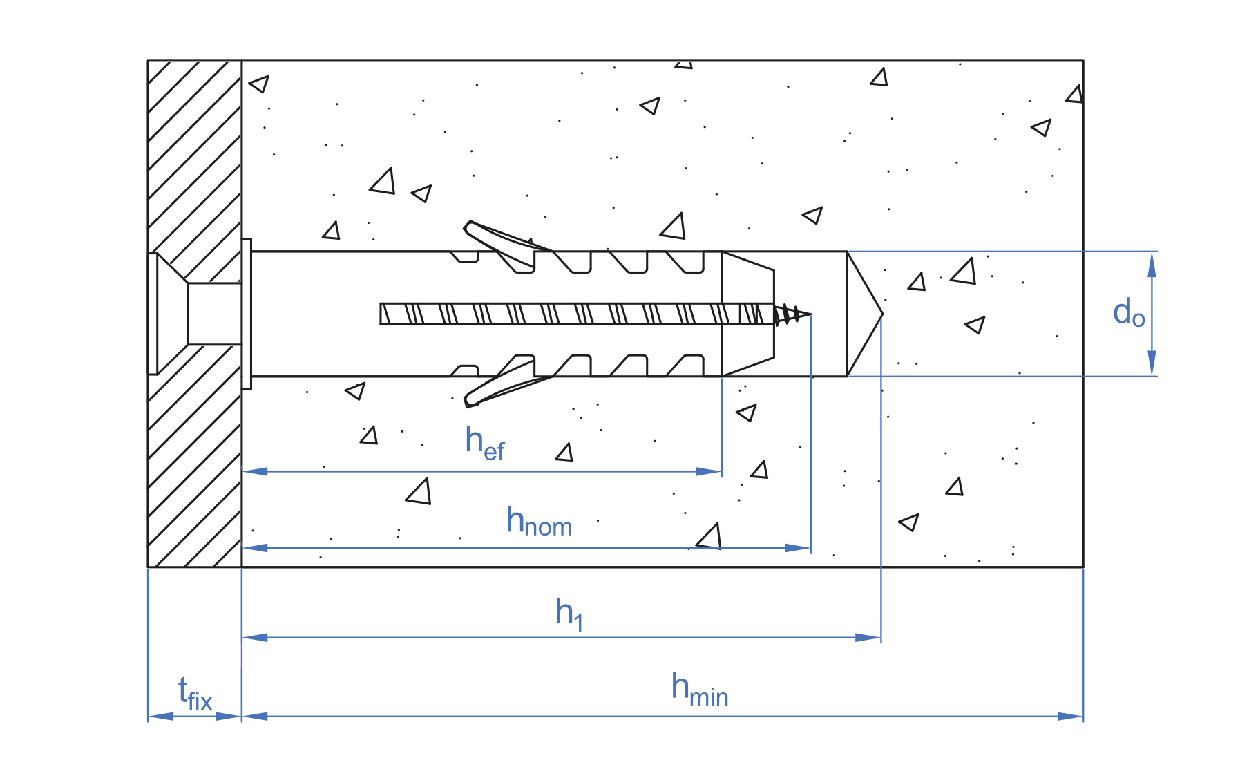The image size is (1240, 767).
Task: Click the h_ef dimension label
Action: pos(484,443)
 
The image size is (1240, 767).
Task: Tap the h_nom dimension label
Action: pos(539,522)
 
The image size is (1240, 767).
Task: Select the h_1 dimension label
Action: pos(569,614)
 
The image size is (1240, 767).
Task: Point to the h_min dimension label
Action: pos(699,690)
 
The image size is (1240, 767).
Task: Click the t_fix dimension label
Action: pos(195,694)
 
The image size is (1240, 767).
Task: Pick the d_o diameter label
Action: pos(1129,313)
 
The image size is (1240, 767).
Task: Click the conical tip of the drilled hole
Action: pos(867,314)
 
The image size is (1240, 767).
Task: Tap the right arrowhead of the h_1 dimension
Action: pos(869,637)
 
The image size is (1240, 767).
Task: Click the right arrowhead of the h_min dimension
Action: pos(1071,717)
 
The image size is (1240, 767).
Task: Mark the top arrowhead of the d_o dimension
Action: pos(1152,264)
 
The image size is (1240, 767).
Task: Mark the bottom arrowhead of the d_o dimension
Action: pos(1152,363)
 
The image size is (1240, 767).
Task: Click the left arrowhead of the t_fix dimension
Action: pos(160,717)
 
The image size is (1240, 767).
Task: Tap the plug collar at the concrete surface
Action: pos(247,314)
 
